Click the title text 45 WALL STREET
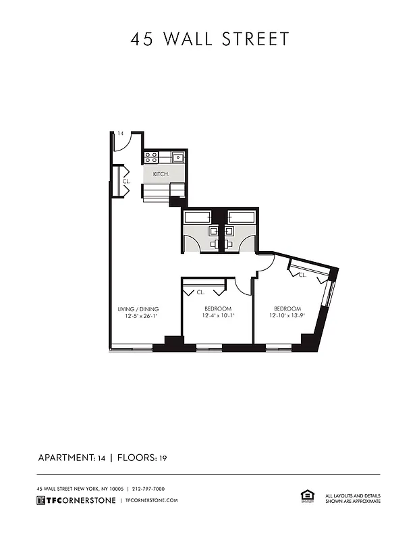click(x=209, y=39)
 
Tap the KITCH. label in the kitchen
click(x=161, y=173)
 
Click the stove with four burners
click(x=150, y=158)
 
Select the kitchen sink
click(x=177, y=158)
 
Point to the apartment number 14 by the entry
click(x=120, y=134)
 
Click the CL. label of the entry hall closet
click(x=126, y=181)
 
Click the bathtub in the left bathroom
click(x=197, y=217)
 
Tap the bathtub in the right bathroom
click(x=241, y=217)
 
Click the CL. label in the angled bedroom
click(x=302, y=275)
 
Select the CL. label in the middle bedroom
click(x=200, y=292)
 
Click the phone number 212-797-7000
click(x=148, y=489)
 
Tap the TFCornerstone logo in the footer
click(x=76, y=500)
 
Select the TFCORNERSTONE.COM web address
click(x=152, y=500)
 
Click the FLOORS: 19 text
click(x=142, y=458)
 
